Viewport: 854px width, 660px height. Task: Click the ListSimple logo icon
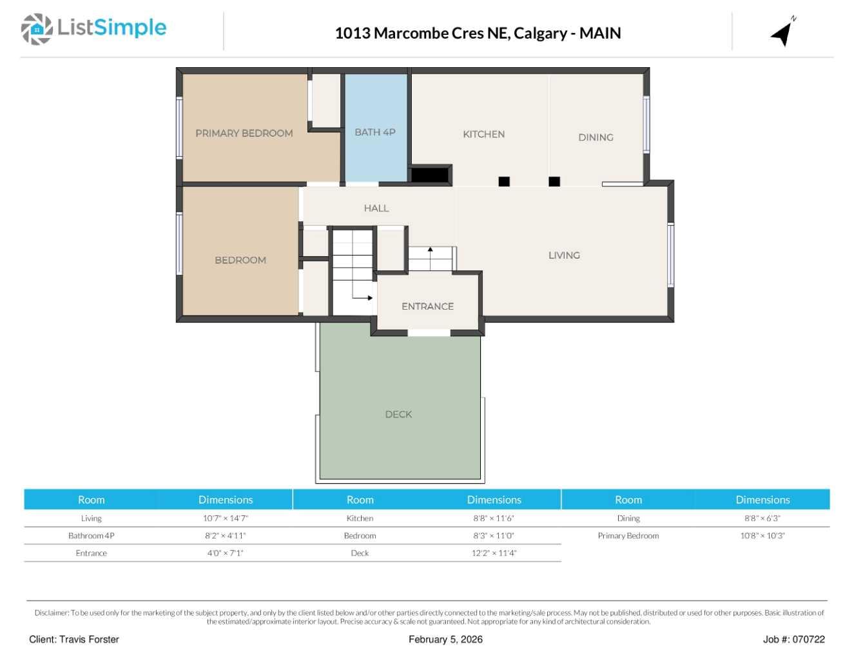(37, 29)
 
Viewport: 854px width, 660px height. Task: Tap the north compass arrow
(782, 33)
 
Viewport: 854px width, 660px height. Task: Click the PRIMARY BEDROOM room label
(244, 134)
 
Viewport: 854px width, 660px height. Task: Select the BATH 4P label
(374, 132)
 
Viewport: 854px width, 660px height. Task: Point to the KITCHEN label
(483, 134)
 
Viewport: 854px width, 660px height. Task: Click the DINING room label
(596, 137)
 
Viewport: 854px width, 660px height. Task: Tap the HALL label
(376, 208)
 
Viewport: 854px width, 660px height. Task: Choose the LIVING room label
(564, 255)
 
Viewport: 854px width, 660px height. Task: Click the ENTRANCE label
(427, 306)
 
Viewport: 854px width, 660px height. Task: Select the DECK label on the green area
(398, 415)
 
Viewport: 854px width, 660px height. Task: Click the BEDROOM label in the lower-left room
(240, 261)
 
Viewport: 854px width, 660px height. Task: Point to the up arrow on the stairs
(430, 250)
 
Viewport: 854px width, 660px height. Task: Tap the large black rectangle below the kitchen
(430, 175)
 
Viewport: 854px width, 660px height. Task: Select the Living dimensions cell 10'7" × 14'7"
(225, 518)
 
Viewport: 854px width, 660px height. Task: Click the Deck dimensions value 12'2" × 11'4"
(494, 553)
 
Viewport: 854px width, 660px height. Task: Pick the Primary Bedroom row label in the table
(628, 535)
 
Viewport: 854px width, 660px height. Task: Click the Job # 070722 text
(793, 639)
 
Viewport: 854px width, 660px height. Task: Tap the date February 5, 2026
(445, 639)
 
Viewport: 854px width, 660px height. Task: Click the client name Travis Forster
(89, 639)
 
